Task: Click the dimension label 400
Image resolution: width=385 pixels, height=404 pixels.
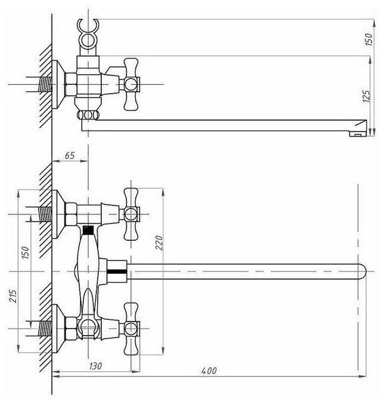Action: (209, 370)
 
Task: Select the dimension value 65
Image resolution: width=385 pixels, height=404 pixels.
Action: (69, 156)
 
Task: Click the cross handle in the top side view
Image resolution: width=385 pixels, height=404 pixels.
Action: (129, 84)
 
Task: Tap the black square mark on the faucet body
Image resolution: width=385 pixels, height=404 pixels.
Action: (88, 230)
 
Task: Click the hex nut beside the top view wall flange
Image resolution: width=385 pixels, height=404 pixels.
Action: (71, 84)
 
